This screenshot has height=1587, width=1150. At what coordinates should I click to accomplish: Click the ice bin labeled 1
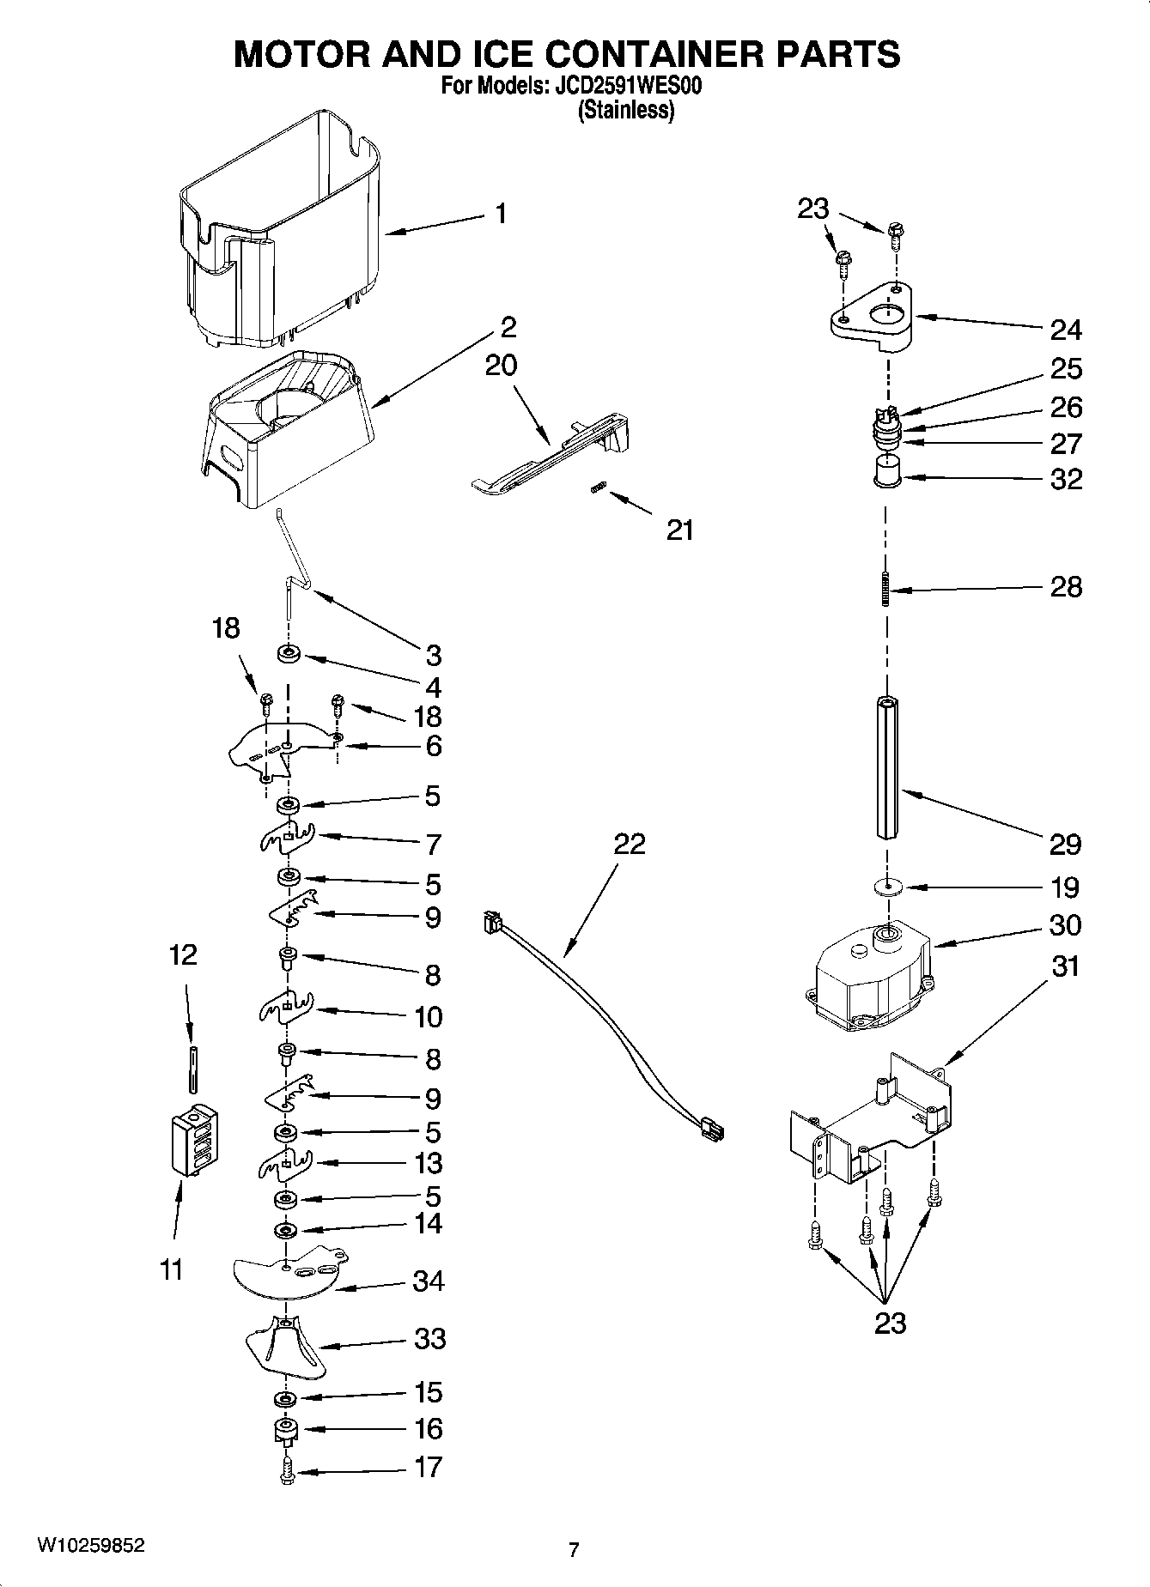click(x=283, y=232)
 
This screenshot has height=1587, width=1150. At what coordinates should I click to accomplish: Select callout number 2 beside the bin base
click(x=508, y=327)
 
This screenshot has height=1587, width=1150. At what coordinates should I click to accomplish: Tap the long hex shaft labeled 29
click(x=888, y=768)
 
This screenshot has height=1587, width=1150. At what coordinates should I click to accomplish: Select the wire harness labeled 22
click(x=601, y=1030)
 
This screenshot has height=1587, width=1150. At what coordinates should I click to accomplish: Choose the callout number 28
click(x=1066, y=587)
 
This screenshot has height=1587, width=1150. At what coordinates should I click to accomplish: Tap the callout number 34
click(x=429, y=1281)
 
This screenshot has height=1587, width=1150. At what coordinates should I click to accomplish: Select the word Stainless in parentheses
click(x=626, y=110)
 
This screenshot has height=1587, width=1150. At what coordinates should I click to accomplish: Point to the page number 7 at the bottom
click(x=574, y=1549)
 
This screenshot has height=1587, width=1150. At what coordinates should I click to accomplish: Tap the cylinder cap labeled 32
click(x=886, y=473)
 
